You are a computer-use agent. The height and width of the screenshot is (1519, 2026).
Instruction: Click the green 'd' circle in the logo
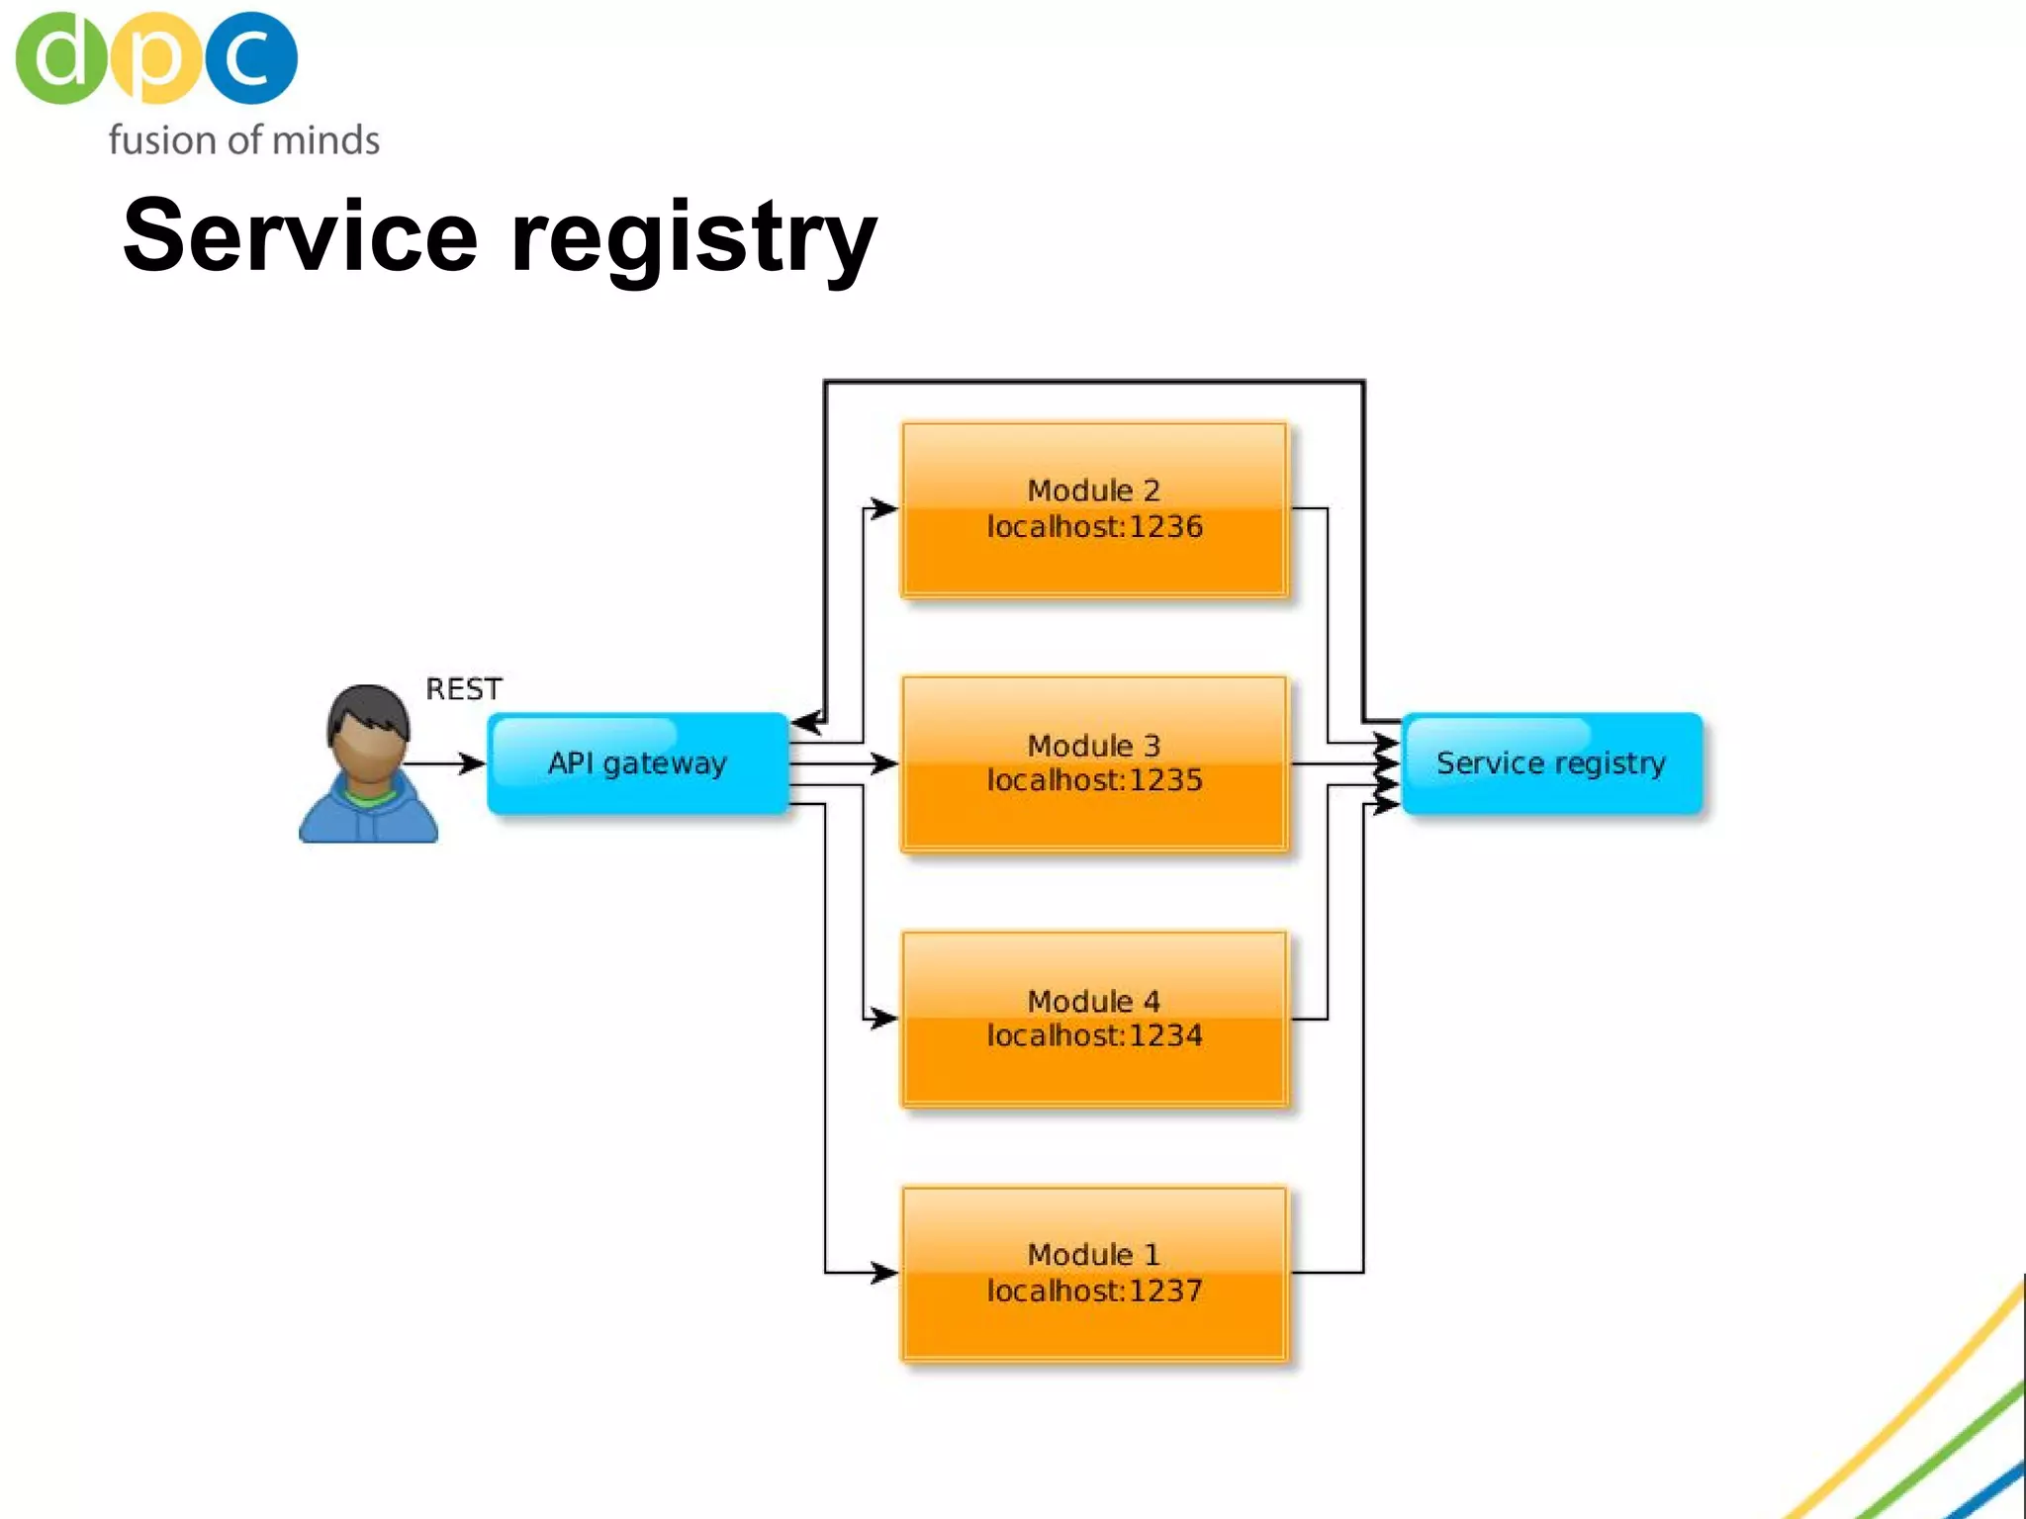[60, 57]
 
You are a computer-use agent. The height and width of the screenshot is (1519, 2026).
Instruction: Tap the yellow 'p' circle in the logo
[155, 57]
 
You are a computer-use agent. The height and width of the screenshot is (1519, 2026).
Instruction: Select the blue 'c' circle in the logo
[250, 57]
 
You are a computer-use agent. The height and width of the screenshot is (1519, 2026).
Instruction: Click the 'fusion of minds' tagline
[243, 140]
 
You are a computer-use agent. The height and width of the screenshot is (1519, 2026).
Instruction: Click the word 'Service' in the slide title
[300, 235]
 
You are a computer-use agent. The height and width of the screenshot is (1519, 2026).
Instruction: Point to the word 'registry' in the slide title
[692, 237]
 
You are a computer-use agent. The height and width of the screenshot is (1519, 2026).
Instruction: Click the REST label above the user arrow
[463, 688]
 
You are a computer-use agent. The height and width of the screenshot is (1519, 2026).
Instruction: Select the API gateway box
[638, 763]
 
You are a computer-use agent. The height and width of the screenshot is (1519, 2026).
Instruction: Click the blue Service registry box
[1551, 763]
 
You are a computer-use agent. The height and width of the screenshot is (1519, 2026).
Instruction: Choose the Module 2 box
[1094, 509]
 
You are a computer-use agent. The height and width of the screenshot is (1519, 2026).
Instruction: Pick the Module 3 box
[1094, 763]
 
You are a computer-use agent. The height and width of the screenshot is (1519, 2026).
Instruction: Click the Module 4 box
[1094, 1019]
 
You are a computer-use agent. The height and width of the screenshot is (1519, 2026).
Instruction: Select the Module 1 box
[1094, 1274]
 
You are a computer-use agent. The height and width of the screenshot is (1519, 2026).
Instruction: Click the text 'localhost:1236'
[1094, 527]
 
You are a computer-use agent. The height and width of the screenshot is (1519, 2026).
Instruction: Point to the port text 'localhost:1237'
[1094, 1291]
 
